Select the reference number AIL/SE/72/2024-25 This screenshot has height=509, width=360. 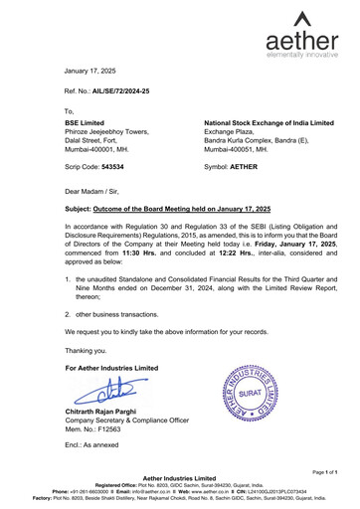click(x=123, y=90)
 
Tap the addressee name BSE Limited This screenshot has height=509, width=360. click(x=85, y=120)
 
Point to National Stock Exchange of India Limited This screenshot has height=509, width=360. click(x=269, y=120)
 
